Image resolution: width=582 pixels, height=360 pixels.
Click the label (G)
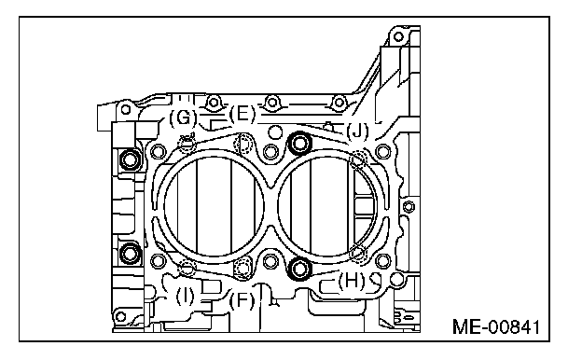point(183,118)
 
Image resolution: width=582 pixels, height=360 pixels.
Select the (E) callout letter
point(242,114)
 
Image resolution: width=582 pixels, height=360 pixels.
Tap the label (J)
point(357,132)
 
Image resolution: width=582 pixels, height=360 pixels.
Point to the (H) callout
point(351,281)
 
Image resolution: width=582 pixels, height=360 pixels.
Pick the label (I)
point(185,297)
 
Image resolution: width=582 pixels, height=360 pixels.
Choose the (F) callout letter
point(242,300)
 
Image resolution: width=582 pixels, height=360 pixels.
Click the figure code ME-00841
point(496,327)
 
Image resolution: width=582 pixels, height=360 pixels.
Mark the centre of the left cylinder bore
point(214,205)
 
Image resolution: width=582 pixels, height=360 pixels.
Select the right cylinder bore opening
point(327,205)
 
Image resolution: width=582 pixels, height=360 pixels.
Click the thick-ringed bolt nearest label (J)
point(300,143)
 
